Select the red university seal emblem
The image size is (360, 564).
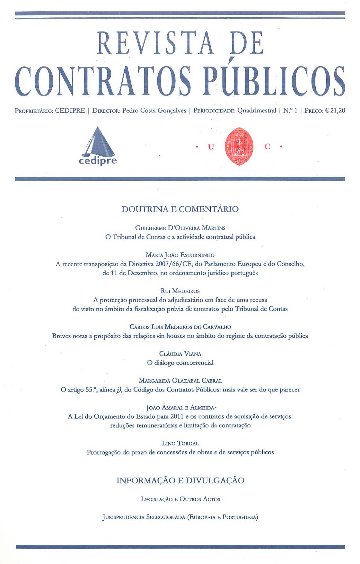tap(239, 146)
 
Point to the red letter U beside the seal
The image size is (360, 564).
tap(211, 147)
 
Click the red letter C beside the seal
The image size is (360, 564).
tap(267, 147)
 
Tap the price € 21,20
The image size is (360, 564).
tap(335, 110)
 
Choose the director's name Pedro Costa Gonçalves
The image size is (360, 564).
tap(154, 110)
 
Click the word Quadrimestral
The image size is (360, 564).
tap(257, 110)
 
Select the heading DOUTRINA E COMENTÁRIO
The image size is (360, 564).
tap(180, 209)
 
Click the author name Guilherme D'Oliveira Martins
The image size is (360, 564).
tap(180, 228)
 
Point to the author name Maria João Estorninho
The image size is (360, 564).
tap(180, 255)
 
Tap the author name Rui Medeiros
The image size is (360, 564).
tap(180, 291)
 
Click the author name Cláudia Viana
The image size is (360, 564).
tap(180, 354)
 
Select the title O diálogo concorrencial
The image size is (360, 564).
tap(180, 363)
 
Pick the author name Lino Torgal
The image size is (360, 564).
tap(180, 443)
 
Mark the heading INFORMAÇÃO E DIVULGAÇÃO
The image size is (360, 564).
tap(180, 480)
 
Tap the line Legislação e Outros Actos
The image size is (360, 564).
tap(180, 499)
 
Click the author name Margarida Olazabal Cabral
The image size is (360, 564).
tap(180, 381)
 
